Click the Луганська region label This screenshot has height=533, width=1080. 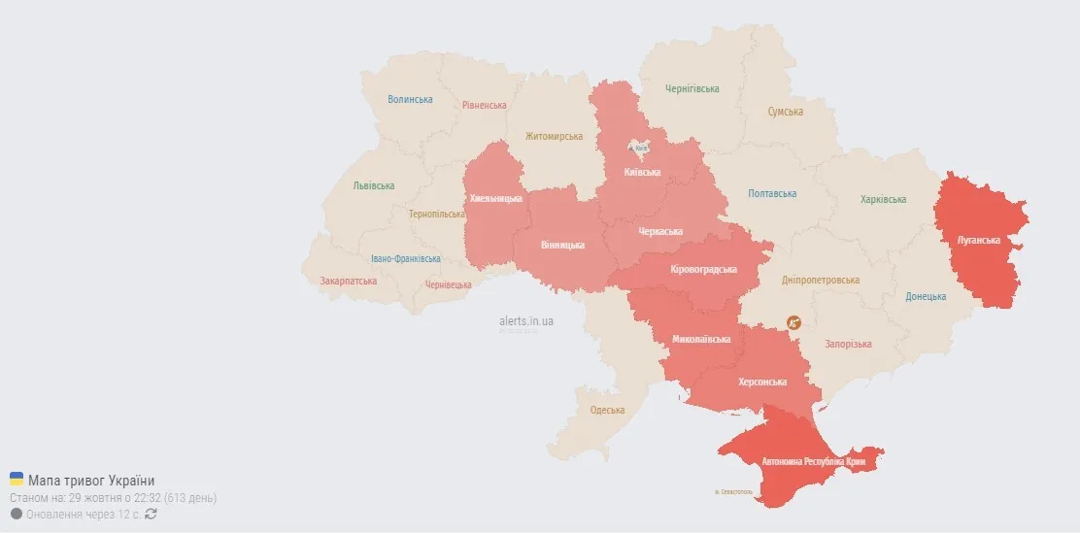click(x=978, y=240)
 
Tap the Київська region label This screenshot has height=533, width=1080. click(x=642, y=172)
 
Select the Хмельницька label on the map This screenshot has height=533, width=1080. click(x=495, y=199)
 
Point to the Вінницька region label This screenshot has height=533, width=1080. click(x=562, y=245)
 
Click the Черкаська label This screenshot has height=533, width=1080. click(x=660, y=231)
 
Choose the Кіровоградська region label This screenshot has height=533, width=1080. click(x=704, y=269)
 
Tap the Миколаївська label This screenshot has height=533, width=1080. click(x=701, y=340)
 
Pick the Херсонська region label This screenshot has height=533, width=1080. click(x=762, y=382)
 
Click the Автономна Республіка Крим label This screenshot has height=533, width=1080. click(x=813, y=461)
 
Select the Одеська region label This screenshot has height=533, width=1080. click(x=607, y=410)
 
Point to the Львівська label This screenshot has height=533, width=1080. click(x=374, y=185)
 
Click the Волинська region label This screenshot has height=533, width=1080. click(x=410, y=99)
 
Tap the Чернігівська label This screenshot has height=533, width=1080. click(x=692, y=88)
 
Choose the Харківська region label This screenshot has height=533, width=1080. click(x=883, y=199)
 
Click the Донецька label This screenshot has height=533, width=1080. click(x=925, y=296)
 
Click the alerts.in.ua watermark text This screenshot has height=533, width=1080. click(x=526, y=320)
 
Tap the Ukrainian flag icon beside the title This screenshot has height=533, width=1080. click(x=17, y=480)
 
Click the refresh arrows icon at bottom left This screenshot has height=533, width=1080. click(x=151, y=514)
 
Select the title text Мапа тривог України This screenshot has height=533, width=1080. click(x=91, y=481)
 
